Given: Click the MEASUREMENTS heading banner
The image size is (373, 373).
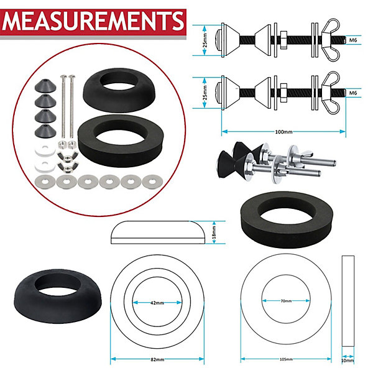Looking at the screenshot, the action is (x=93, y=22).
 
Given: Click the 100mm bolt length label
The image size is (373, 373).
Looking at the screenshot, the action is (x=283, y=132).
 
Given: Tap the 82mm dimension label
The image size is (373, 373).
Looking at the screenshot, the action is (x=157, y=359).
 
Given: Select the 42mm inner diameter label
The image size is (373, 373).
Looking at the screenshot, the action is (x=157, y=303).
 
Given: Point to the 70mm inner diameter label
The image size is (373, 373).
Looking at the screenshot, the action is (x=286, y=301).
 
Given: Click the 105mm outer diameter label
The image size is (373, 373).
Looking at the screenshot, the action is (x=286, y=359).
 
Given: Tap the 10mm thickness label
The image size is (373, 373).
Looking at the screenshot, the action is (x=348, y=361).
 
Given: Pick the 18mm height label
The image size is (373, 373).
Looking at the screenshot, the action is (x=214, y=233).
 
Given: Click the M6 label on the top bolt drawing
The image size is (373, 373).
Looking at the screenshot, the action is (x=353, y=40).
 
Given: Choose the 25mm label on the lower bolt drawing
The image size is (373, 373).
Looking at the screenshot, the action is (x=205, y=93).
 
